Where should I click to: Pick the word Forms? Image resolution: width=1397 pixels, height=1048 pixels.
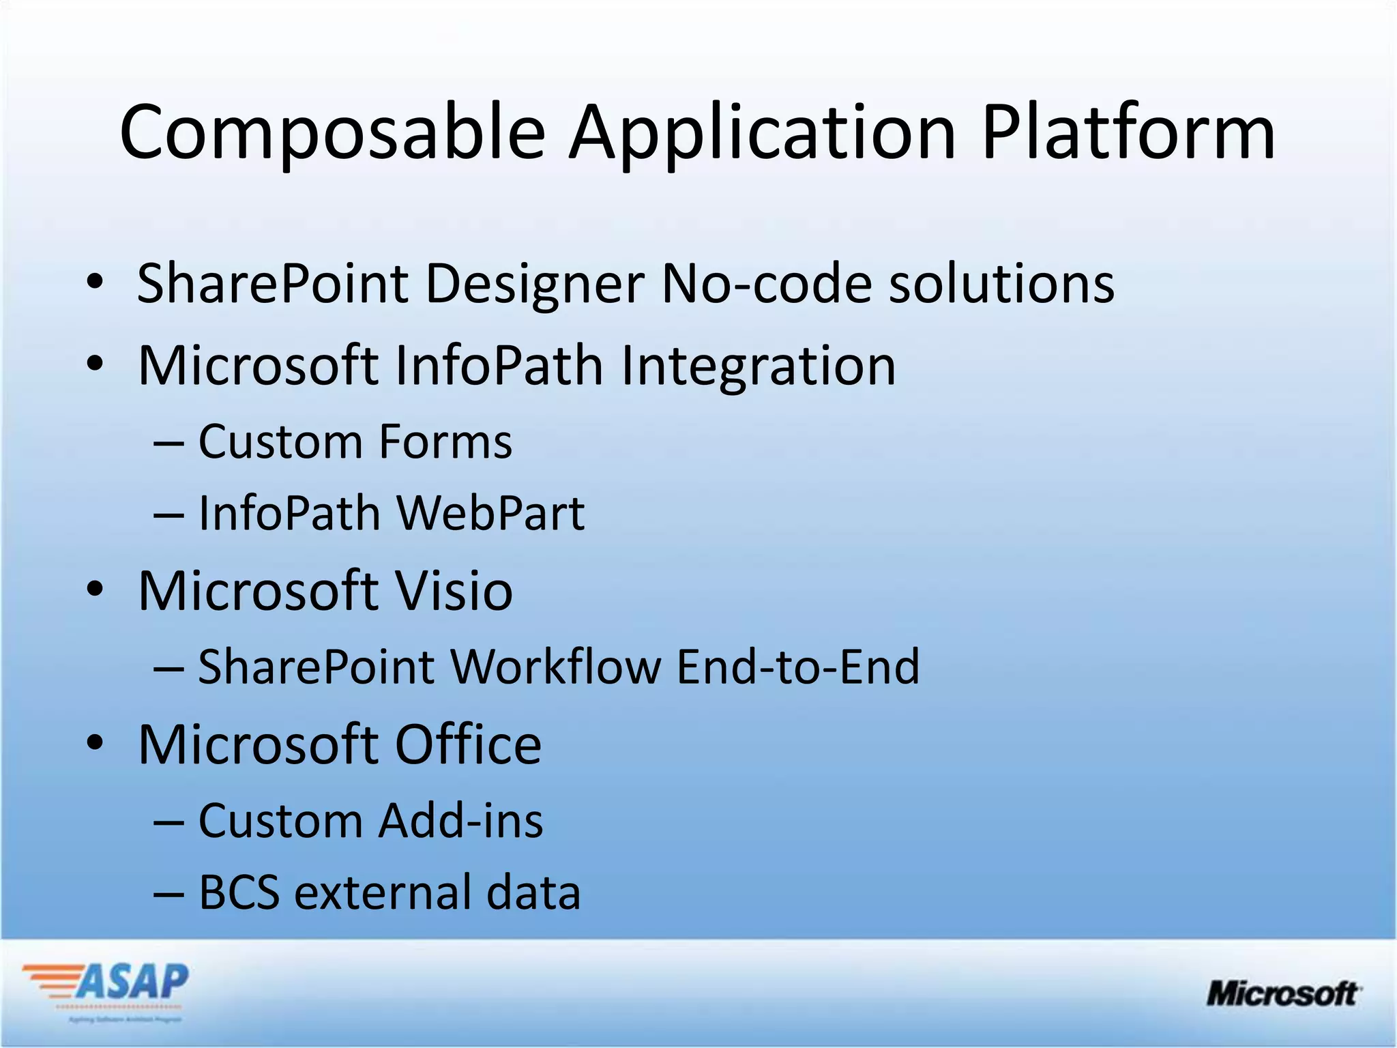(x=445, y=441)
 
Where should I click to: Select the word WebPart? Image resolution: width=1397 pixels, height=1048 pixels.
(x=490, y=513)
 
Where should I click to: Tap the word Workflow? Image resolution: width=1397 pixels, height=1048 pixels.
(x=555, y=667)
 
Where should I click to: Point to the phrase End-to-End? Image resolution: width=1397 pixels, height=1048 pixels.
(x=798, y=667)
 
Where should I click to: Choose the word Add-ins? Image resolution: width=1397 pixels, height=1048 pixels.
(x=461, y=820)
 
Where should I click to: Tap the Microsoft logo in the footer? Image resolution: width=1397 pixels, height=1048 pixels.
(x=1283, y=993)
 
